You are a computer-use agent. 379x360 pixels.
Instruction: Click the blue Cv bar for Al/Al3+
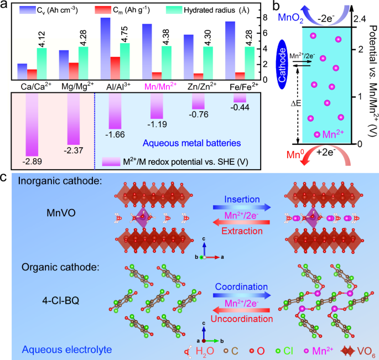pyautogui.click(x=104, y=49)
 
